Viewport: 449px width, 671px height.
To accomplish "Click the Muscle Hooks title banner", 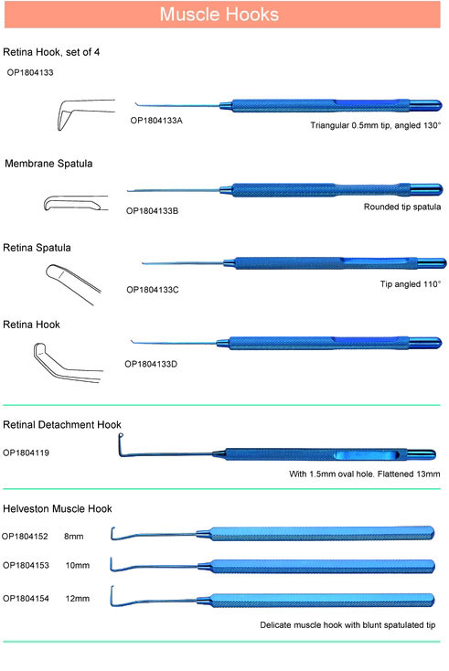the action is point(222,15).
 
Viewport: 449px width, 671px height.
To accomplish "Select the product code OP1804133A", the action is point(156,121).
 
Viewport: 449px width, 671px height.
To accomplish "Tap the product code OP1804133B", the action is point(152,210).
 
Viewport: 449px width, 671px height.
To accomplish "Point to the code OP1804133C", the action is point(153,289).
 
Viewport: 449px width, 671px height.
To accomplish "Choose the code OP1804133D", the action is point(151,364).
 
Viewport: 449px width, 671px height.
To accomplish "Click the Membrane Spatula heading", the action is point(48,164).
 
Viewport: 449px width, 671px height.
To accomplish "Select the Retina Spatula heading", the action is point(37,248).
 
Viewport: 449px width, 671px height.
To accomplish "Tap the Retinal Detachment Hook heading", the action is point(62,424).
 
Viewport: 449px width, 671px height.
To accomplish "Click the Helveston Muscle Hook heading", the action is point(58,508).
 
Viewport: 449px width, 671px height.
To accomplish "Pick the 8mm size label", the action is point(74,537).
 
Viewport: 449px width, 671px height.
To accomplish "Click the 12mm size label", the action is point(78,598).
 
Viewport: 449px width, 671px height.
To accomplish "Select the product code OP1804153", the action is point(27,565).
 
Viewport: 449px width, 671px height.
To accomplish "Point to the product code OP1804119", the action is point(27,453).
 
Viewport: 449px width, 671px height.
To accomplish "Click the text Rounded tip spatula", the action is point(402,207).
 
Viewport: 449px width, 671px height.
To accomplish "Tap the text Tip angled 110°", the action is point(411,283).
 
